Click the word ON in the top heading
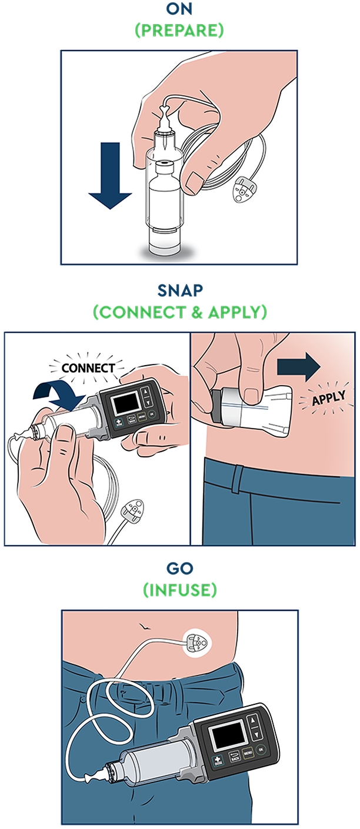click(179, 10)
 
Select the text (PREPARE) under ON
click(179, 30)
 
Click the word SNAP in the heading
click(179, 291)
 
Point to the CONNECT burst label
click(88, 368)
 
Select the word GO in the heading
click(179, 569)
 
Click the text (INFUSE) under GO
click(179, 589)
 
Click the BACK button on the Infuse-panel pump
click(235, 756)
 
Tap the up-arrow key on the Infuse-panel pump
click(253, 719)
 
